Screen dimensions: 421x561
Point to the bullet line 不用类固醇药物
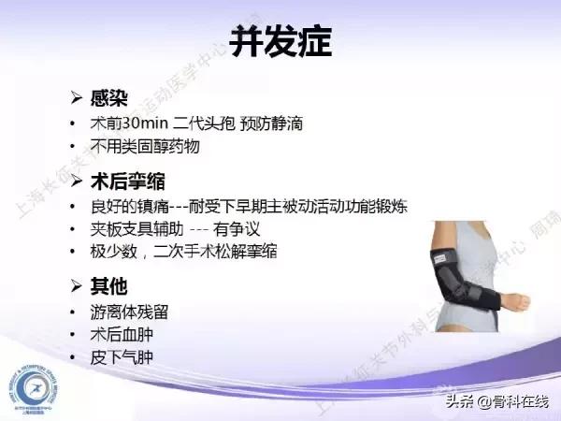coord(145,148)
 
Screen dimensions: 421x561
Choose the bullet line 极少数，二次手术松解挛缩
coord(183,252)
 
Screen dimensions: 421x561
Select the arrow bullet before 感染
coord(79,98)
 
